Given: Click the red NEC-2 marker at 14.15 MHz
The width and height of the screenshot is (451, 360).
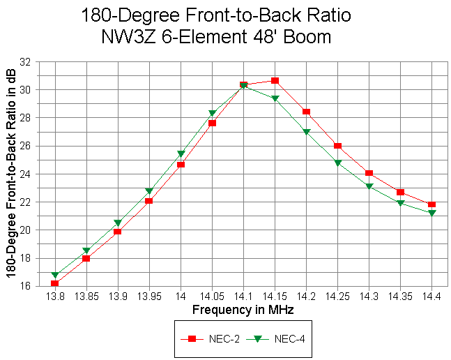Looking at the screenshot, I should [275, 81].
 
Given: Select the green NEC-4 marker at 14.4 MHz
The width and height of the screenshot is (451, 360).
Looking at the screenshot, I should [432, 213].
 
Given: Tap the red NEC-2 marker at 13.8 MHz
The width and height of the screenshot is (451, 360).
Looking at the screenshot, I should [54, 283].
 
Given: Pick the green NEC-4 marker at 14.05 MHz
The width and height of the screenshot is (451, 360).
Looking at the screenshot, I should [212, 113].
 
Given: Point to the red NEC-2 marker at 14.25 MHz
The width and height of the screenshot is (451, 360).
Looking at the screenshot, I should [337, 146].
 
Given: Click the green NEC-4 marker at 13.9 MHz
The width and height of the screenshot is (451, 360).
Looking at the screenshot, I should [118, 223].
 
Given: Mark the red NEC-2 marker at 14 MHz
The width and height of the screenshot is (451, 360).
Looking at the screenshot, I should [181, 165].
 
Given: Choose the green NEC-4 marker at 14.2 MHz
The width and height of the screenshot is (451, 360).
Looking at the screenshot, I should [306, 132].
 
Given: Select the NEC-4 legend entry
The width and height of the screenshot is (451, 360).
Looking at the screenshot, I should [282, 339].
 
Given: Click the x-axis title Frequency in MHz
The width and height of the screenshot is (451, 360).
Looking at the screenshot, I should [243, 308].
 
